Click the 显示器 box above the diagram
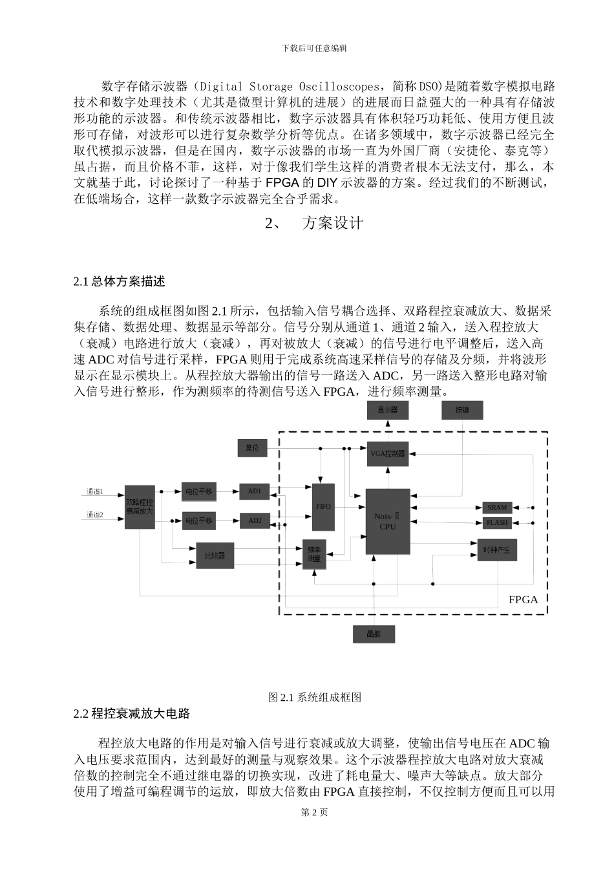[x=388, y=410]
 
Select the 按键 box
[x=462, y=410]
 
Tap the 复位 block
[x=251, y=447]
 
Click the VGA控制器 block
[x=388, y=453]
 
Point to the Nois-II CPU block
[x=388, y=521]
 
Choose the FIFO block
[x=323, y=506]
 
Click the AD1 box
[x=255, y=491]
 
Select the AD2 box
[x=255, y=520]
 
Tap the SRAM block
[x=497, y=508]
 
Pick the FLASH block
[x=497, y=522]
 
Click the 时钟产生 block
[x=497, y=550]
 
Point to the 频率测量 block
[x=314, y=553]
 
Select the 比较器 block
[x=214, y=555]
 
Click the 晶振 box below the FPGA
[x=374, y=634]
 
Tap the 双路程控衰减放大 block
[x=140, y=506]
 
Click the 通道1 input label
[x=96, y=491]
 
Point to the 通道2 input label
[x=96, y=515]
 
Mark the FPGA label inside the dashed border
[x=523, y=599]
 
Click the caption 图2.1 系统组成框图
[x=314, y=697]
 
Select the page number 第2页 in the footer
[x=314, y=812]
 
